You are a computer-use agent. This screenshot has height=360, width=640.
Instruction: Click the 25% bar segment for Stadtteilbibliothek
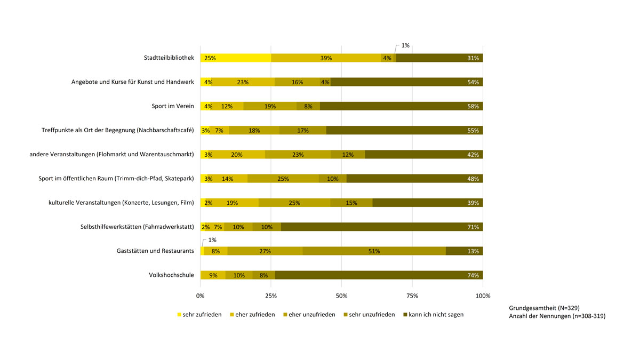(x=235, y=58)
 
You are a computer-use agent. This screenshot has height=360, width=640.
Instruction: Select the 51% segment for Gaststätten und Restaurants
(x=374, y=251)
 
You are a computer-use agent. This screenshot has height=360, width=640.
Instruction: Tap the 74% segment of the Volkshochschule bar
(x=379, y=275)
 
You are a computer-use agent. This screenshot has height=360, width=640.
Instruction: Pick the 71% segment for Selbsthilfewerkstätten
(x=382, y=227)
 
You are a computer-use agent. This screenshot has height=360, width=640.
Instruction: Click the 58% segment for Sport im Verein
(x=401, y=106)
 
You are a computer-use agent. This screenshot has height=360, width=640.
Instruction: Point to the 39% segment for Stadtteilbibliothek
(x=326, y=58)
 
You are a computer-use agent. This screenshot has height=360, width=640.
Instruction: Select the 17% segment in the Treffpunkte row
(x=302, y=131)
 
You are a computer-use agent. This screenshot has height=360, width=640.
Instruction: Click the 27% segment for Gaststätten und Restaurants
(x=265, y=251)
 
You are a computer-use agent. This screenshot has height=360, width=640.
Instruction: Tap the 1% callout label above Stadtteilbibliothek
(x=405, y=46)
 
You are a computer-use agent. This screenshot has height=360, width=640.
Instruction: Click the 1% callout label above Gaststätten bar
(x=212, y=240)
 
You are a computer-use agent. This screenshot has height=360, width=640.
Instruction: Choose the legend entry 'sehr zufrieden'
(x=198, y=315)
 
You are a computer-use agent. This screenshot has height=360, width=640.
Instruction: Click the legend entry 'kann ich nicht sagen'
(x=433, y=315)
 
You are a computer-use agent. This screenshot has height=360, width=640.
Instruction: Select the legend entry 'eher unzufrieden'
(x=309, y=315)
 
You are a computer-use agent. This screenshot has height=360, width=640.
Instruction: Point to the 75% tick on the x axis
(x=412, y=296)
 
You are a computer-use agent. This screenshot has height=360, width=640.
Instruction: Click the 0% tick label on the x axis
(x=201, y=296)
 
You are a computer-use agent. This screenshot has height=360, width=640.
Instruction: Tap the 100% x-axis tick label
(x=483, y=296)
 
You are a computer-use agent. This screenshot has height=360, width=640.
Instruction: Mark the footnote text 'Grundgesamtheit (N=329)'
(x=545, y=308)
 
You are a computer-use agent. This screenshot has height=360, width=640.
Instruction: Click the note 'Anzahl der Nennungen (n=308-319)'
(x=557, y=316)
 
